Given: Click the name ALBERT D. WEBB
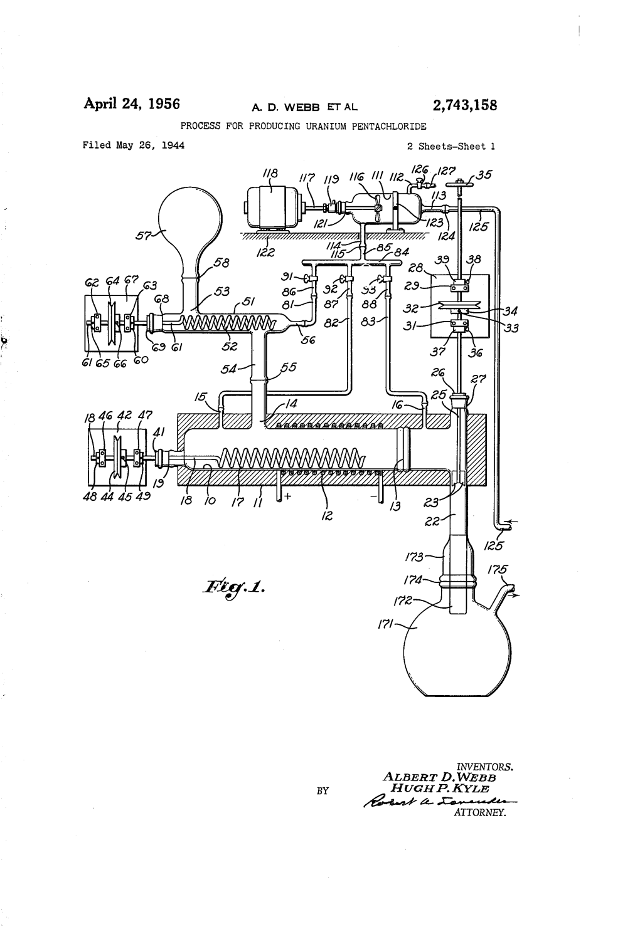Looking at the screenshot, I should (x=439, y=777).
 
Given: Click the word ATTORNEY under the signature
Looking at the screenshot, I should (x=479, y=813).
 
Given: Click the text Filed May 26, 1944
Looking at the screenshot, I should (x=132, y=145).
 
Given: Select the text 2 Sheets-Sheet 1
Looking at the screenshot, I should (x=451, y=146).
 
